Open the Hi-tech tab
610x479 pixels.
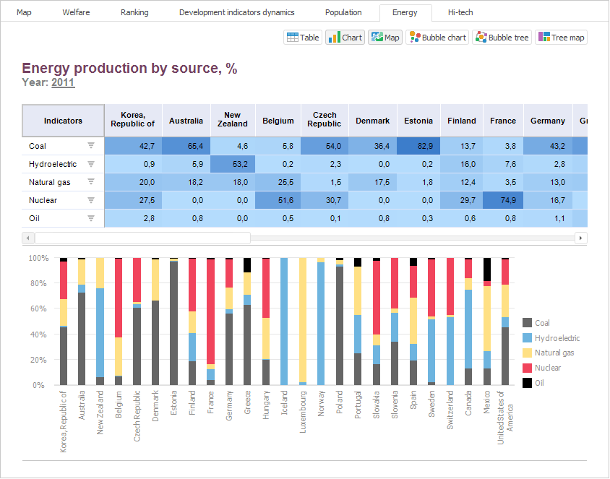click(x=460, y=12)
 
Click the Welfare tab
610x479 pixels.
click(x=76, y=12)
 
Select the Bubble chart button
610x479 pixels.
click(x=438, y=38)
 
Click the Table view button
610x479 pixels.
click(x=303, y=38)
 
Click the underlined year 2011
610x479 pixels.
click(x=63, y=82)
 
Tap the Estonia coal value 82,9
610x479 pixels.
click(x=418, y=146)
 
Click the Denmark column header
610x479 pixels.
click(x=372, y=121)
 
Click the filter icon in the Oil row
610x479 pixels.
click(x=91, y=218)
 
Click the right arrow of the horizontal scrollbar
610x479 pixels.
click(x=580, y=238)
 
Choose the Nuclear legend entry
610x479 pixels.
click(x=547, y=368)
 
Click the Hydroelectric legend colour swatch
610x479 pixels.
click(x=527, y=338)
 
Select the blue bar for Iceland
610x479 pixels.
click(x=284, y=322)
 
